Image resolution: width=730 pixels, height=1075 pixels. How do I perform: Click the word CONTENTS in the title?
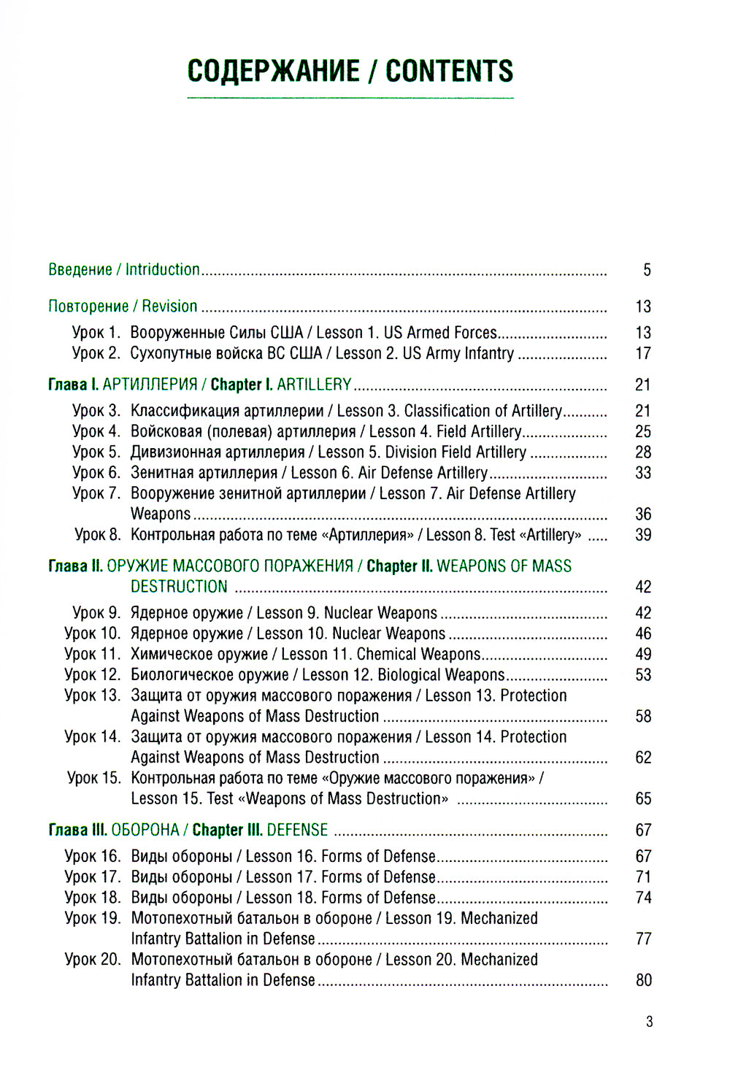click(449, 71)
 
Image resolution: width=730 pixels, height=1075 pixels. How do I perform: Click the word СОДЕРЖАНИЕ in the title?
click(273, 71)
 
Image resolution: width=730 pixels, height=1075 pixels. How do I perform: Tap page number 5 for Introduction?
click(647, 270)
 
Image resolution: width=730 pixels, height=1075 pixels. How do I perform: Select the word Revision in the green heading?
click(169, 307)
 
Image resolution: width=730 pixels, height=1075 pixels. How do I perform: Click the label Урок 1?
click(96, 333)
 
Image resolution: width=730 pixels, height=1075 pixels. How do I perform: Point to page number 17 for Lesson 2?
click(643, 354)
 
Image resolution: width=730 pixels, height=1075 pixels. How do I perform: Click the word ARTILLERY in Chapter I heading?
click(314, 385)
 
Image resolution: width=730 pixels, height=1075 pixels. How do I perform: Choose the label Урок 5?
click(96, 452)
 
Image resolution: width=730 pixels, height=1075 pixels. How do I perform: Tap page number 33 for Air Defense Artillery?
click(643, 473)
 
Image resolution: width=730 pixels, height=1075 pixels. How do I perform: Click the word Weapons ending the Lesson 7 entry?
click(161, 515)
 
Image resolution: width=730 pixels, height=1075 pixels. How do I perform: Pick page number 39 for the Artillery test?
click(643, 535)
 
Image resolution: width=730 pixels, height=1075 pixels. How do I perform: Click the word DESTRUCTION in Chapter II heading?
click(179, 587)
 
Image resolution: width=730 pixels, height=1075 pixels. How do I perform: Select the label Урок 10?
click(92, 633)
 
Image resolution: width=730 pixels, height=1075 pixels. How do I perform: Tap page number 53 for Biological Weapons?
click(643, 675)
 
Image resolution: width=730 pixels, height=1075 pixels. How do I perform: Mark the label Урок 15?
click(93, 778)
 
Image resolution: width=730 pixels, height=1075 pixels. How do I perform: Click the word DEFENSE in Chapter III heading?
click(297, 831)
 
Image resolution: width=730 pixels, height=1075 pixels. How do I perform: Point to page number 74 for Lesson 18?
click(643, 898)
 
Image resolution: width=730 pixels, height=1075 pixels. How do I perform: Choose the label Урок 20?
click(92, 960)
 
